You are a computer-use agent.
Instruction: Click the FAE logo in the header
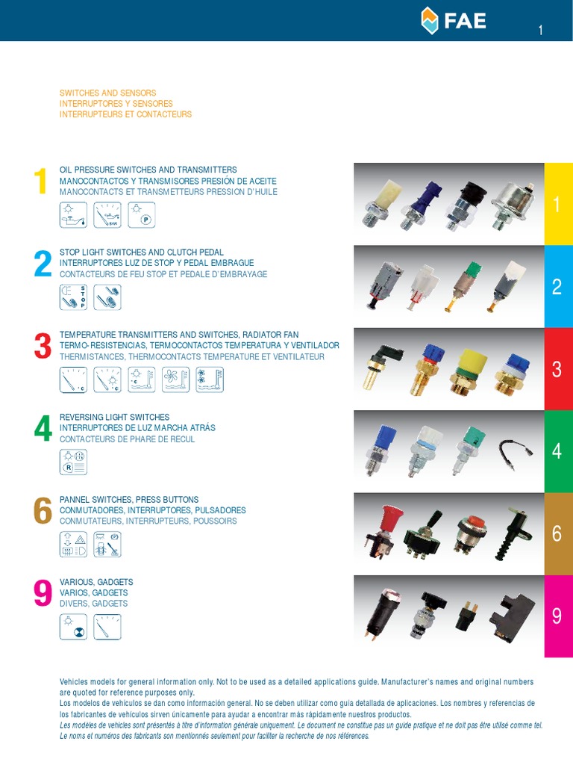[x=453, y=20]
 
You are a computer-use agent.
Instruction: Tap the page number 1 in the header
[x=540, y=30]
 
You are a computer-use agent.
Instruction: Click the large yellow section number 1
[x=40, y=181]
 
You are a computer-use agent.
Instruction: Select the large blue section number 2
[x=43, y=264]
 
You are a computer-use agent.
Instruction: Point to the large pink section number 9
[x=43, y=592]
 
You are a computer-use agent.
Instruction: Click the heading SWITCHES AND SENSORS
[x=107, y=93]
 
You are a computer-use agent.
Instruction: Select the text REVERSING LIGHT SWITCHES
[x=114, y=417]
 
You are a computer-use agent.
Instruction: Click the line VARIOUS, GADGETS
[x=96, y=582]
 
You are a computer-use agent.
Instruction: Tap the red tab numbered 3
[x=558, y=369]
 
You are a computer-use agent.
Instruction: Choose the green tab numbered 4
[x=558, y=451]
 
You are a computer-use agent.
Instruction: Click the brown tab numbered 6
[x=558, y=533]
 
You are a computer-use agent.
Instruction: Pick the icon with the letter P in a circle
[x=141, y=214]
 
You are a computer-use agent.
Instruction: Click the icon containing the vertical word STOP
[x=73, y=297]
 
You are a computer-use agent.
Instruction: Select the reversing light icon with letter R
[x=73, y=462]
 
